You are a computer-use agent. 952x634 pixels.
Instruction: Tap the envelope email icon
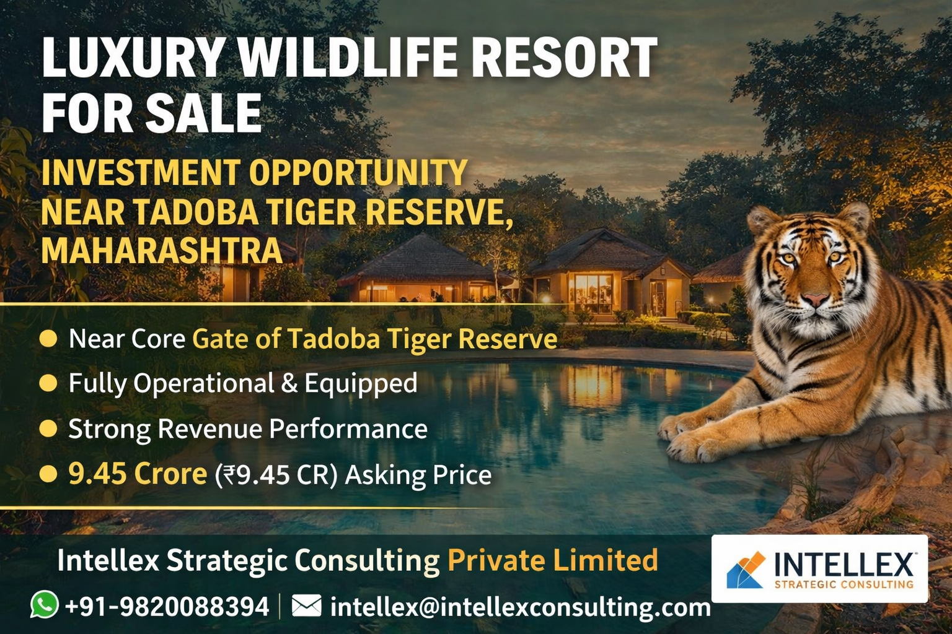click(x=306, y=606)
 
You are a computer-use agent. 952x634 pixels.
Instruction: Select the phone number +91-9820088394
click(x=167, y=607)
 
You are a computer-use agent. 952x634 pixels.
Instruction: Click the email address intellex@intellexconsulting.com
click(x=521, y=607)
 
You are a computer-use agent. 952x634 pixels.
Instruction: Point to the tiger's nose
click(x=816, y=299)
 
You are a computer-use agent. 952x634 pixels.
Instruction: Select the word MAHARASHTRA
click(x=162, y=251)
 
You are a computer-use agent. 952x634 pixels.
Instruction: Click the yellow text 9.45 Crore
click(x=138, y=474)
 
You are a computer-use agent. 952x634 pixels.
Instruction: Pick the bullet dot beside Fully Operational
click(x=48, y=383)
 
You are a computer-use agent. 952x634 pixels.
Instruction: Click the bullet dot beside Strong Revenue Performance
click(x=48, y=428)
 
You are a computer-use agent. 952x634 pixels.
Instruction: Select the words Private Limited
click(x=552, y=560)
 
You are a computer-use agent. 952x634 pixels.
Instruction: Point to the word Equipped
click(x=361, y=384)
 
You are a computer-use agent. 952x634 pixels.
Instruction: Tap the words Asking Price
click(x=418, y=475)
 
